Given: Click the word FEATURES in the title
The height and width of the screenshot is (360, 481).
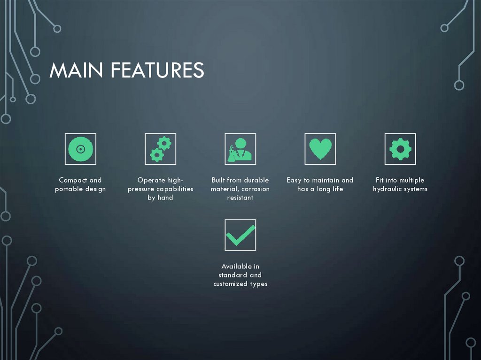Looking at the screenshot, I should point(157,70).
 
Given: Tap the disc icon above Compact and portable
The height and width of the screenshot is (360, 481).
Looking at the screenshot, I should point(80,149).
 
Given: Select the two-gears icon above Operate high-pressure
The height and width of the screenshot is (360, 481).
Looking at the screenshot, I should point(160,149).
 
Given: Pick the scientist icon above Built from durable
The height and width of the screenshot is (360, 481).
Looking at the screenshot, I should point(240,149).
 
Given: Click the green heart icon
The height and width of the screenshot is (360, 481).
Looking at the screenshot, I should point(320,149).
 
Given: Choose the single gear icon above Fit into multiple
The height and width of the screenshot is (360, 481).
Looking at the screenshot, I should point(400,149).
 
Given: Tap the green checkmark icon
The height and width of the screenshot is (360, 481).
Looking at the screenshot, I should point(240,235).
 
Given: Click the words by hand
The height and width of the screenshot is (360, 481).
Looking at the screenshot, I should point(160,198).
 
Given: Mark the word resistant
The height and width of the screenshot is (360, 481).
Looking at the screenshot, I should point(240,198).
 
